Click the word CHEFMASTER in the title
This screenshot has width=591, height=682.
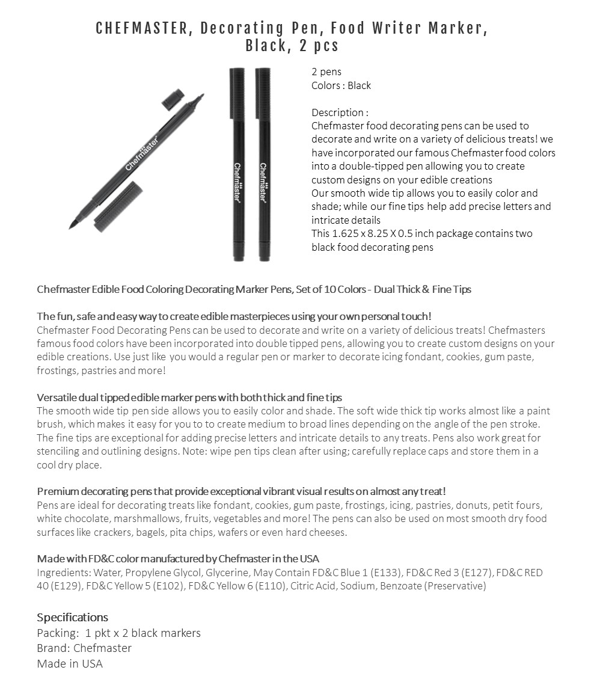(x=141, y=28)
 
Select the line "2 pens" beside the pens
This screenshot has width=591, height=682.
(x=326, y=72)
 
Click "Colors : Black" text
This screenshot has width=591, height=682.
(x=341, y=85)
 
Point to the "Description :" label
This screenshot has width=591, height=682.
(x=340, y=112)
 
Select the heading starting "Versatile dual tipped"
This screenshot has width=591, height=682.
(x=189, y=398)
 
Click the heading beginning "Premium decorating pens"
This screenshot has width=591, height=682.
(x=241, y=491)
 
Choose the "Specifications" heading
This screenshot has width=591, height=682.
(x=72, y=617)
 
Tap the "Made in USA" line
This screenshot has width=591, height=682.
(x=70, y=663)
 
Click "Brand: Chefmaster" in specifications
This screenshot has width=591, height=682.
(x=84, y=648)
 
